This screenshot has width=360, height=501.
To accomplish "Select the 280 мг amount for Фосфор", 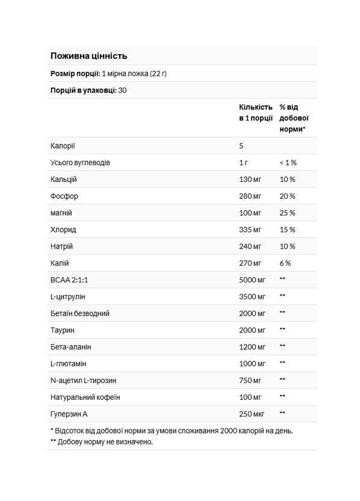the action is [252, 196].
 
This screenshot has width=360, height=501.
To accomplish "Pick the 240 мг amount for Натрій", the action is [252, 246].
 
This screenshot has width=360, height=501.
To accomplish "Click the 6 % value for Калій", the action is [285, 263].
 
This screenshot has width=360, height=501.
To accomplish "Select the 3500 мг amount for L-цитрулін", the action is [253, 297].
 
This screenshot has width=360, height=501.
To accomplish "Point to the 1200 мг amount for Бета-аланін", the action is [253, 347].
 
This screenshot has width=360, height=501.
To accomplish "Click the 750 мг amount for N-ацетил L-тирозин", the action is [252, 380].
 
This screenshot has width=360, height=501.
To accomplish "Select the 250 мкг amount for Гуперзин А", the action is [253, 413].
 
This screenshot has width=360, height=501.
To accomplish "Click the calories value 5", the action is [241, 146].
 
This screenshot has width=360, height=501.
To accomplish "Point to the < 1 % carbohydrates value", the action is [288, 163].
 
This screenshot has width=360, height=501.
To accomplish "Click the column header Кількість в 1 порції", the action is [255, 112].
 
